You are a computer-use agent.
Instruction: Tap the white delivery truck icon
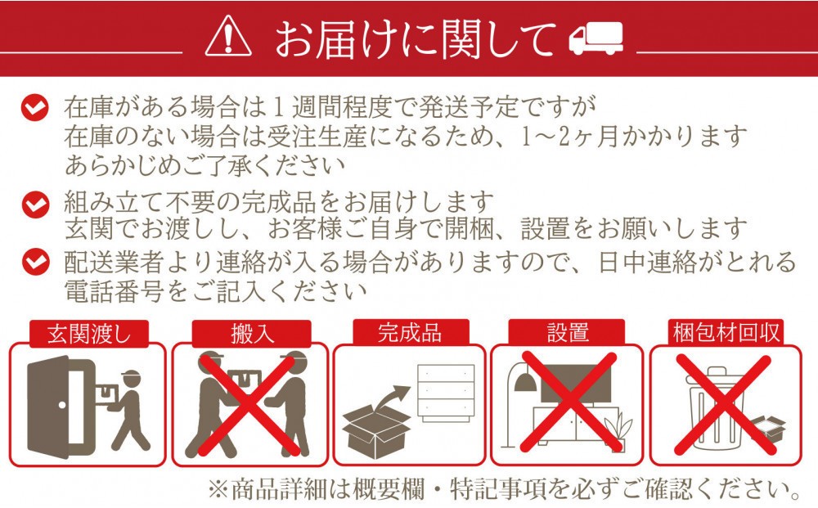pos(596,38)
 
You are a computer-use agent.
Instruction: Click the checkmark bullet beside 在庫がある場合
pos(35,108)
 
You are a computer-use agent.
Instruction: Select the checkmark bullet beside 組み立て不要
pos(35,204)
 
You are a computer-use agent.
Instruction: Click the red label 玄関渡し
pos(89,334)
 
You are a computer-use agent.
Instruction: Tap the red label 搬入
pos(252,334)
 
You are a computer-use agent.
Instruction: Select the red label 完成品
pos(411,333)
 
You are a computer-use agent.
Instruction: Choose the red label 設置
pos(567,333)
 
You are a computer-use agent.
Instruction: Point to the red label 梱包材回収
pos(726,333)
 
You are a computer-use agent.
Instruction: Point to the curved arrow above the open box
pos(393,397)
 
